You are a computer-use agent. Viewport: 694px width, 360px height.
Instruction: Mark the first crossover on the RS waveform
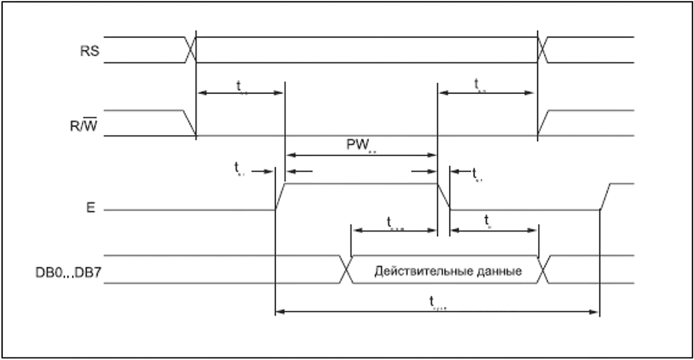pos(190,50)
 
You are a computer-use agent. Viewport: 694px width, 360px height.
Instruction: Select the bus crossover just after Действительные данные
pos(543,269)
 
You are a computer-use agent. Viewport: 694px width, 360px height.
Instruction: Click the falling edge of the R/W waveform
pos(189,123)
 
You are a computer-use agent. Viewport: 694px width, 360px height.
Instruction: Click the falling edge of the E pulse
pos(443,197)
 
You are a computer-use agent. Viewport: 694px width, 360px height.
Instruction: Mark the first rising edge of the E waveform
pos(280,197)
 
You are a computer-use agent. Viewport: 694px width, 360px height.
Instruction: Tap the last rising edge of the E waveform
pos(605,197)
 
